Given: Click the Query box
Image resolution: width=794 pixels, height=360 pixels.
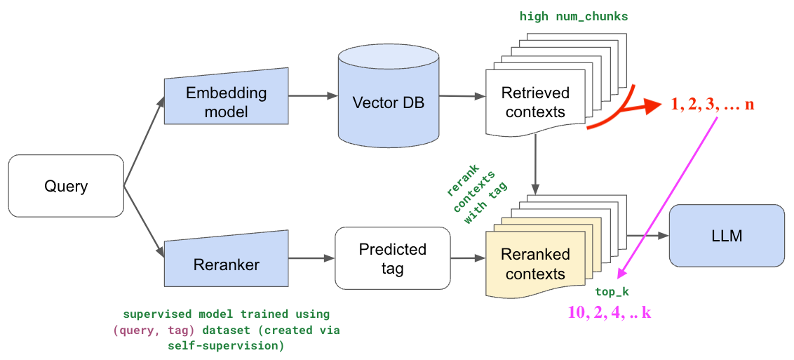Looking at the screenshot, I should click(66, 186).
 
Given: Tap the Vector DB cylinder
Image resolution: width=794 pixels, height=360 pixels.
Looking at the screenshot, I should click(389, 102).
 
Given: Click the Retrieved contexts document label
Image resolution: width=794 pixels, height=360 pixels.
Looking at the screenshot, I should click(534, 102).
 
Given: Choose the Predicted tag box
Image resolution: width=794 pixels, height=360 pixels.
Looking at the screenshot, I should click(392, 259).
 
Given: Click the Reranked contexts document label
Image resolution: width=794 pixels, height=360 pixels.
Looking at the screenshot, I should click(534, 264).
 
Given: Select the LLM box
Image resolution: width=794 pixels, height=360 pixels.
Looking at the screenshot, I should click(727, 236).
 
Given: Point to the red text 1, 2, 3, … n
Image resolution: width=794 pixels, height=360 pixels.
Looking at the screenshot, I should click(712, 105).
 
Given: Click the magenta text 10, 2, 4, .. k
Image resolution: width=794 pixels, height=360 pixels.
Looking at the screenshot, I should click(609, 312).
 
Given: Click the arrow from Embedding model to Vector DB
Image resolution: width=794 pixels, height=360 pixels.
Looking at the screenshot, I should click(312, 95).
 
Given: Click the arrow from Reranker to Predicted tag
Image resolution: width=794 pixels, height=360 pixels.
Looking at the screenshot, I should click(311, 258).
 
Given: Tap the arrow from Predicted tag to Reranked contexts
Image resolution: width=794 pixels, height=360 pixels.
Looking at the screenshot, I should click(467, 258).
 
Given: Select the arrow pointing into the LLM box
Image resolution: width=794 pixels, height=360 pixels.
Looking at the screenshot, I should click(648, 236).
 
